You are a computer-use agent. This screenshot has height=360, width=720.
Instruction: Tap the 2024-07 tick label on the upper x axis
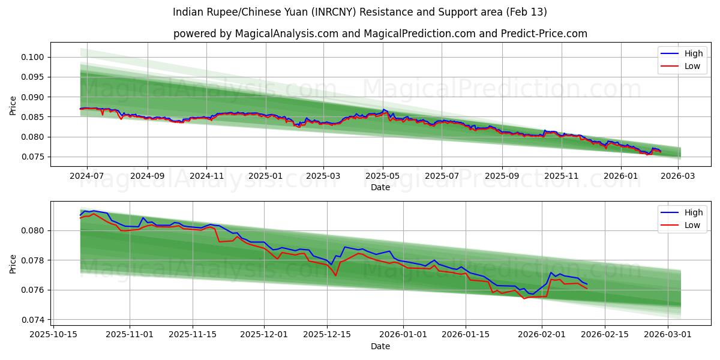(x=87, y=176)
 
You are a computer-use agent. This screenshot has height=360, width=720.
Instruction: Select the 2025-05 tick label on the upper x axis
(x=383, y=176)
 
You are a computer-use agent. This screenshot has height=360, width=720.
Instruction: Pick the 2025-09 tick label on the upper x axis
(x=502, y=176)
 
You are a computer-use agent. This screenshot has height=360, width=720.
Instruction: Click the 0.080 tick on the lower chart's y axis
(x=34, y=230)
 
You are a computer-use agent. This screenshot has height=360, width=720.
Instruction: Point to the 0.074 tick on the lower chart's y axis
(x=34, y=320)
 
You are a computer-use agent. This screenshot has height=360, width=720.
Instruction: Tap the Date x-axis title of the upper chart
(x=380, y=187)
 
